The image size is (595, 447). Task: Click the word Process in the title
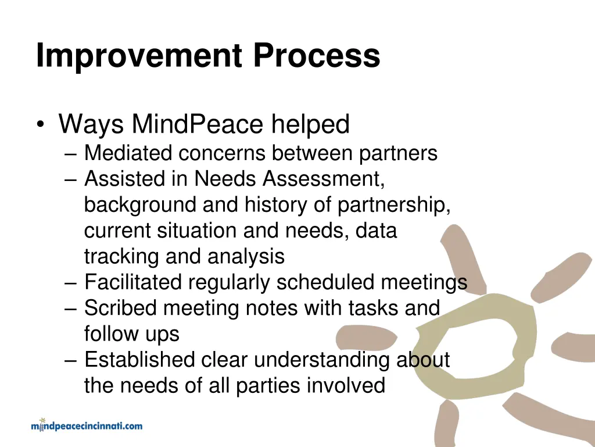pos(316,56)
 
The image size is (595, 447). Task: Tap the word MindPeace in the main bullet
pos(198,124)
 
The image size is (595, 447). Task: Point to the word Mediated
pos(128,154)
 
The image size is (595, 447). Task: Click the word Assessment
pos(323,179)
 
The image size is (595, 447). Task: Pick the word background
pos(141,205)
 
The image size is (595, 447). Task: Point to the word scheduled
pos(325,282)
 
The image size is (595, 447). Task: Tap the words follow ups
pos(132,334)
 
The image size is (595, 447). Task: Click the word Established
pos(139,360)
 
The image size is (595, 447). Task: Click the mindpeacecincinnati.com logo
pos(87,425)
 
